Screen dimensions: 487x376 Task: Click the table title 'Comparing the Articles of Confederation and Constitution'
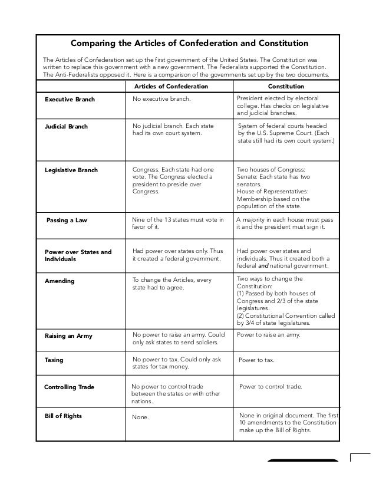point(189,43)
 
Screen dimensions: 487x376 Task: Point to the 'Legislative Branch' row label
point(71,170)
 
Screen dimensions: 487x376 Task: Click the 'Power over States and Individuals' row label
point(78,255)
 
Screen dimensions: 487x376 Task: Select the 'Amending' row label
point(60,281)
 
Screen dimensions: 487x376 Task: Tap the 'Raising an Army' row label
point(68,336)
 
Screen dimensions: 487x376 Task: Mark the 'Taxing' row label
point(54,359)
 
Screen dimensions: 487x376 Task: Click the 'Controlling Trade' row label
point(70,387)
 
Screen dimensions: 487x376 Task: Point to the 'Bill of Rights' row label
point(63,416)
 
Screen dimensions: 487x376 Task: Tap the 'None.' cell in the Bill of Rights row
point(141,417)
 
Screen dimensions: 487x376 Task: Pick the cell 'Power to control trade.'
point(271,387)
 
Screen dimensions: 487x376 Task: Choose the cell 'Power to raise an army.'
point(268,335)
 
